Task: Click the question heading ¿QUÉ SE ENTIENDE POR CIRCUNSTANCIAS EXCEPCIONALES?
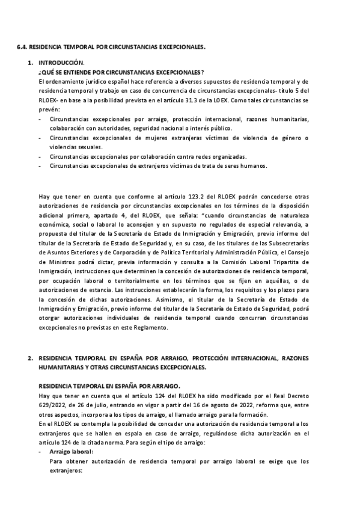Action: tap(120, 72)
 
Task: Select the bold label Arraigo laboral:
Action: tap(72, 451)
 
